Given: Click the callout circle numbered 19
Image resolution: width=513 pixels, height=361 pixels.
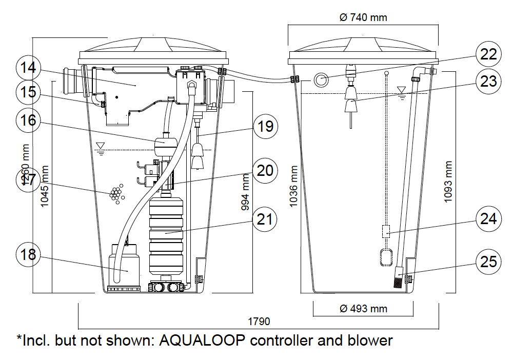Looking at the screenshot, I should tap(266, 126).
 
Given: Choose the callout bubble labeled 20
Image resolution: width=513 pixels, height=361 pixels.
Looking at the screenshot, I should tap(266, 170).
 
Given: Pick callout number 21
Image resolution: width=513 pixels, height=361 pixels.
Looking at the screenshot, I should tap(266, 219).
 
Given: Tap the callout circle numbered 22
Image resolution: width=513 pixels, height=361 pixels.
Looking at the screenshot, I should tap(488, 54).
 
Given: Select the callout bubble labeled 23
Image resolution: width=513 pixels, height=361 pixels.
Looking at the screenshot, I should tap(488, 81).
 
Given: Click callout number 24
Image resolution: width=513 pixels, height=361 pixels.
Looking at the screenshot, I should tap(488, 219).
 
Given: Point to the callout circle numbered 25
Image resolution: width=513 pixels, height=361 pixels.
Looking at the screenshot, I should tap(488, 261).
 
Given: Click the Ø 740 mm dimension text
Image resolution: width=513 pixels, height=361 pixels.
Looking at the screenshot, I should tap(363, 17).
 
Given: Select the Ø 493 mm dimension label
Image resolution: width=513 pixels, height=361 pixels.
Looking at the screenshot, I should tap(363, 308).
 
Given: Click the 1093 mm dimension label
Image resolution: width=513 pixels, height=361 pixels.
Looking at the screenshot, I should tap(448, 182).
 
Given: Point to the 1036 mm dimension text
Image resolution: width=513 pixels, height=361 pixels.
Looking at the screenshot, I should tap(293, 186).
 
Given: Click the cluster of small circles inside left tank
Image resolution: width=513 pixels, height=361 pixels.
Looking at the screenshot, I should tap(116, 194).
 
